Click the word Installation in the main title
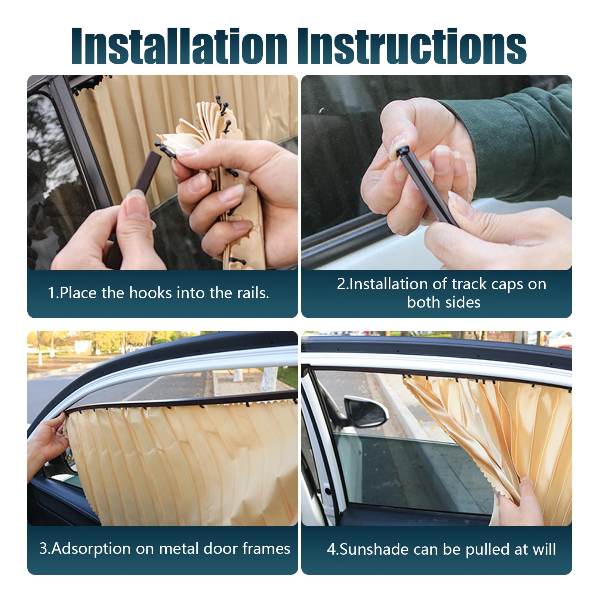[x=179, y=46]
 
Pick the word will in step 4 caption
[x=544, y=549]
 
